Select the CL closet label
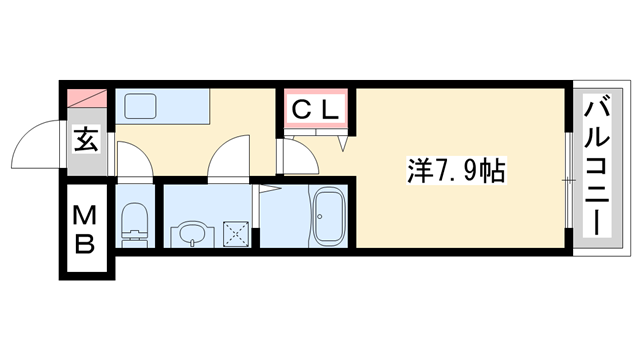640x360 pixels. point(315,109)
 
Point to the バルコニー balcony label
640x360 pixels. point(599,166)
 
